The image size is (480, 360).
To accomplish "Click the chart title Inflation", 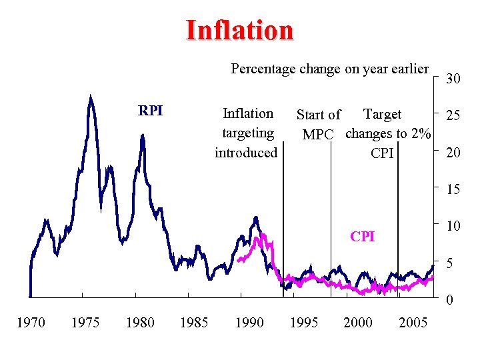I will [239, 30].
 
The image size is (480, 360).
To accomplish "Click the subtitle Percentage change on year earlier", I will [329, 69].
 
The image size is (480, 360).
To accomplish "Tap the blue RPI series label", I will [150, 111].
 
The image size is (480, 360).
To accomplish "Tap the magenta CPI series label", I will [363, 237].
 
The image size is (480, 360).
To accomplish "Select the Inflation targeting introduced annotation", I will [246, 133].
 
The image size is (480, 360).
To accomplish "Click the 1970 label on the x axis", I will [31, 323].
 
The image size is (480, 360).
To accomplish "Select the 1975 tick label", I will [85, 323].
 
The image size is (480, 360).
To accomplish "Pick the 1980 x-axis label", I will [140, 323].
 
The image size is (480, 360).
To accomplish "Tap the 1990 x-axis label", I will [249, 323].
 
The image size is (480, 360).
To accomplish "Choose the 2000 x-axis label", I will [358, 323].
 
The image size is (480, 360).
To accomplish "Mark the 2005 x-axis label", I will [413, 323].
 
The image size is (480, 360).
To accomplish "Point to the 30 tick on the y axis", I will [453, 79].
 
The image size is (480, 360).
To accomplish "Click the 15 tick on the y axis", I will [453, 189].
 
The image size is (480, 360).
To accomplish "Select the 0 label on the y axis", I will [450, 301].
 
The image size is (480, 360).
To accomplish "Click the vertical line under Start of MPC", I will [331, 220].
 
